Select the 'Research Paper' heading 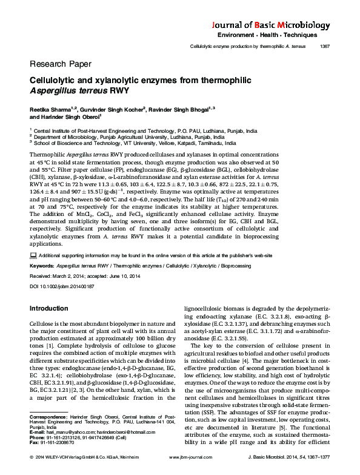point(60,64)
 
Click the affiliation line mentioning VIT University point(143,144)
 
